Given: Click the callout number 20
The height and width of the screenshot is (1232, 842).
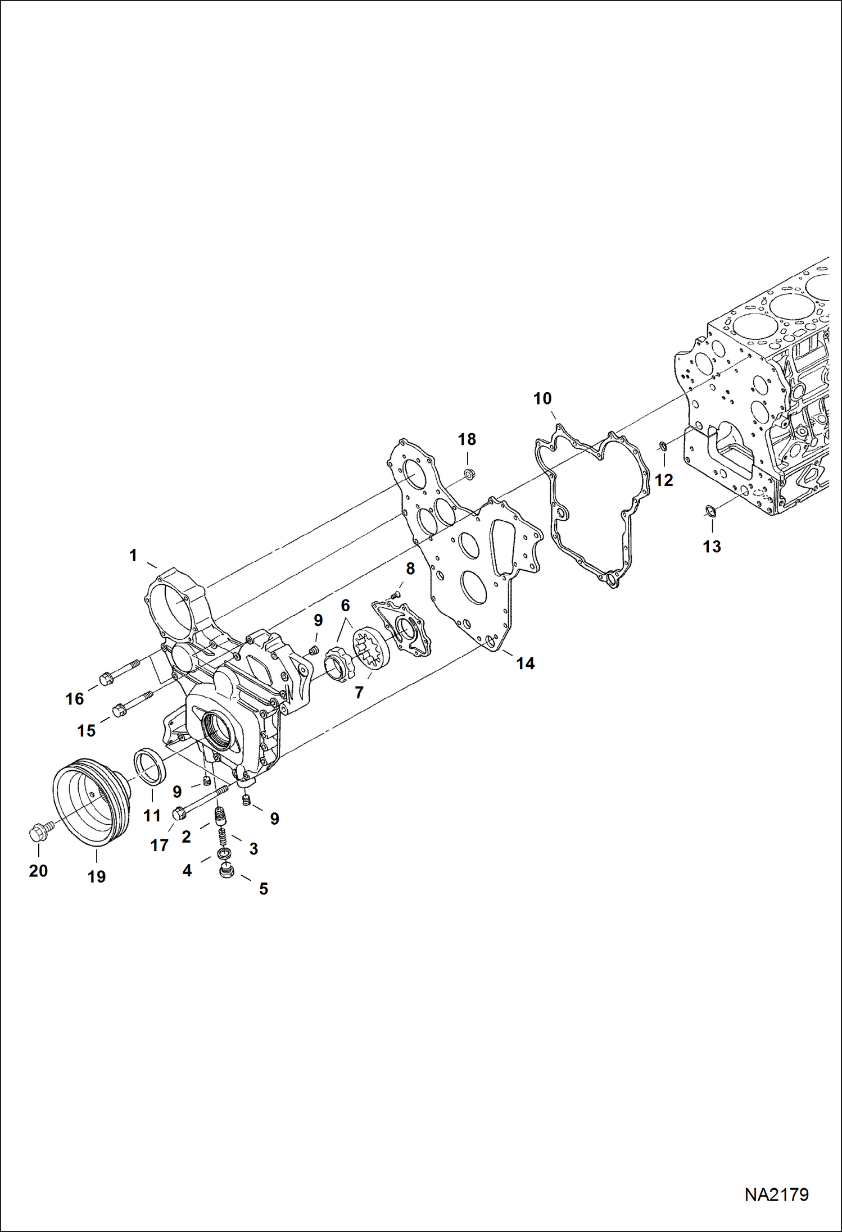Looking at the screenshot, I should point(38,871).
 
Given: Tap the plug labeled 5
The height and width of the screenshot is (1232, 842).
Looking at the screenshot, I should point(227,873).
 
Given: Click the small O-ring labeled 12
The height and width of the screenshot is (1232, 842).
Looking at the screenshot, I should point(663,447).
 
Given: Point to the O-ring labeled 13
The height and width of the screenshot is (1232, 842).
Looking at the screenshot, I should point(710,511).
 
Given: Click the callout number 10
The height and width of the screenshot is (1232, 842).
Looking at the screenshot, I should point(542,399).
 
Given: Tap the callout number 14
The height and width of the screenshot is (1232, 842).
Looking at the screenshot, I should point(525,663).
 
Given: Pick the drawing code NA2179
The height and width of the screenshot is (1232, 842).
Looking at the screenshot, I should point(776,1193).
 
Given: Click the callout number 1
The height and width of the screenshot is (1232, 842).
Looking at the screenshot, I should point(133,556).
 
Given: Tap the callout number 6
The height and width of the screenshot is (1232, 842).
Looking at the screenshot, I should point(345,606).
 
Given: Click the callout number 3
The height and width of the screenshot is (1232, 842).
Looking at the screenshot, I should point(253,849).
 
